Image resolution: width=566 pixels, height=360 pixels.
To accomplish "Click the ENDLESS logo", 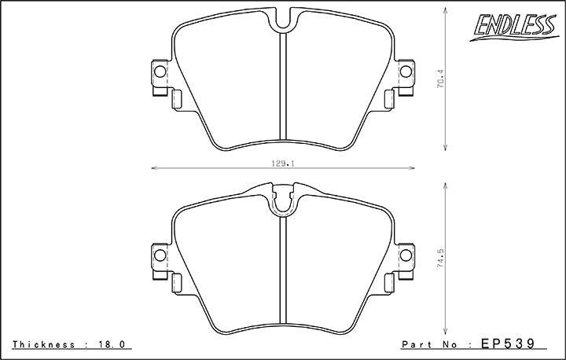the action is (514, 28).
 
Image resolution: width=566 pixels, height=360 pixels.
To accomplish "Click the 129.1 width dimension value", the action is (283, 163).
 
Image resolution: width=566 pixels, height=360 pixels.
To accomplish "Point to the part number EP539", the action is (508, 343).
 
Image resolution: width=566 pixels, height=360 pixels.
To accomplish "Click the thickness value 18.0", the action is (112, 344).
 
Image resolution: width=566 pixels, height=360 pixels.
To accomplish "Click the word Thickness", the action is (44, 344).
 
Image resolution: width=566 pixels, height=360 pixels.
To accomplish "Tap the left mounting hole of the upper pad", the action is (160, 72).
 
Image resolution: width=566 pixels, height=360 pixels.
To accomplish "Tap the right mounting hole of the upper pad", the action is (406, 72).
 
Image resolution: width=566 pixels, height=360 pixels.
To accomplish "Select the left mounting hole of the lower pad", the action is (160, 255).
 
